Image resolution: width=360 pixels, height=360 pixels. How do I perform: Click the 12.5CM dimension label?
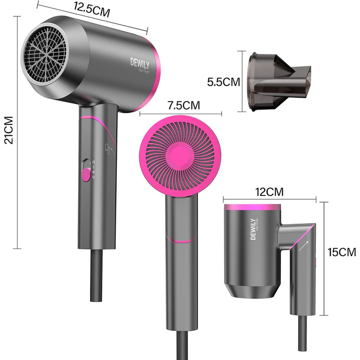(x=92, y=10)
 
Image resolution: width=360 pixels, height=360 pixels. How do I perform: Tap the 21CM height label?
(x=9, y=130)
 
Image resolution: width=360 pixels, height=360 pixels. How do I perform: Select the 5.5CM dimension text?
(x=223, y=82)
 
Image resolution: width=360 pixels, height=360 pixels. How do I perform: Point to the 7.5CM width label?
(x=184, y=105)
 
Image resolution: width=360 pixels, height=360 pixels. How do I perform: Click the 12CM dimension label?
(x=270, y=192)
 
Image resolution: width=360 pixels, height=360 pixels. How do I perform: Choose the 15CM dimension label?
(x=342, y=252)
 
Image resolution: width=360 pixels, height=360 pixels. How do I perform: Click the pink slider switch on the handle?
(x=86, y=174)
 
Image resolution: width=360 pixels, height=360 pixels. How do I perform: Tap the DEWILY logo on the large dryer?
(x=140, y=63)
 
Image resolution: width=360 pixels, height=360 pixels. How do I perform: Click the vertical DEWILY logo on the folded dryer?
(x=253, y=229)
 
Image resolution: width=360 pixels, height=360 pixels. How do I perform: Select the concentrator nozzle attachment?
(x=279, y=82)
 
